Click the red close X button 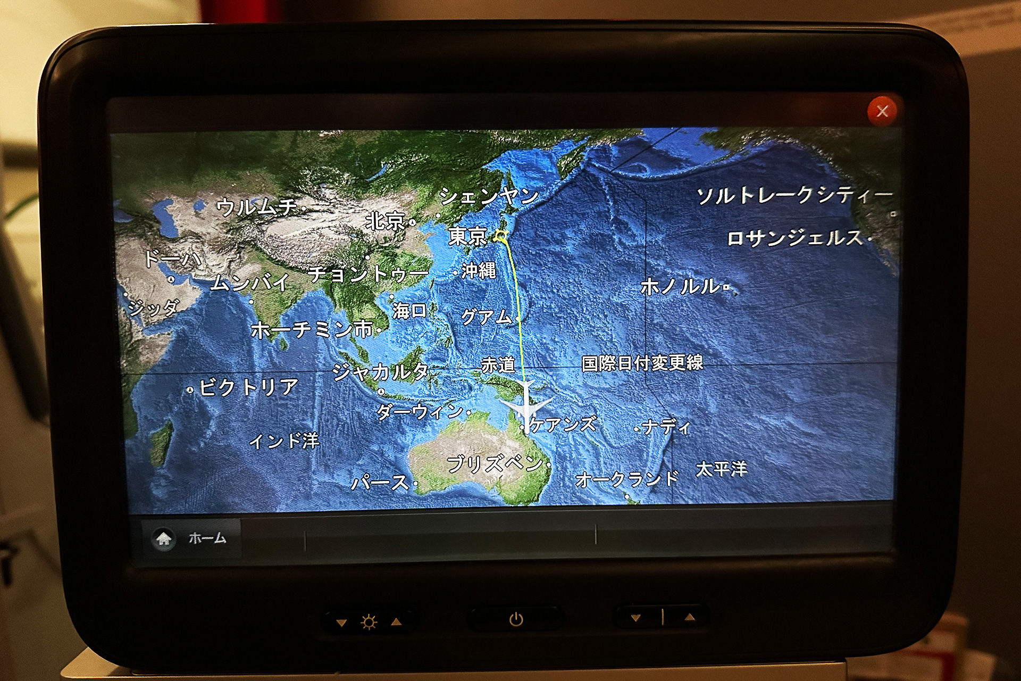click(x=882, y=111)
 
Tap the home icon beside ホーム click(x=164, y=538)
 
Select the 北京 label click(x=386, y=221)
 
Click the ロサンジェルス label click(x=794, y=238)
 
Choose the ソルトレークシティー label click(x=794, y=195)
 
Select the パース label click(x=380, y=483)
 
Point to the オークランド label click(x=627, y=479)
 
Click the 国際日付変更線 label click(x=642, y=363)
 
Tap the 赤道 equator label click(x=498, y=365)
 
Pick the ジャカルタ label click(x=380, y=371)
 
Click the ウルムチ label click(x=256, y=206)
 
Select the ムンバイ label click(x=250, y=283)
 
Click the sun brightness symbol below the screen click(x=369, y=621)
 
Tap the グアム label click(x=486, y=317)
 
